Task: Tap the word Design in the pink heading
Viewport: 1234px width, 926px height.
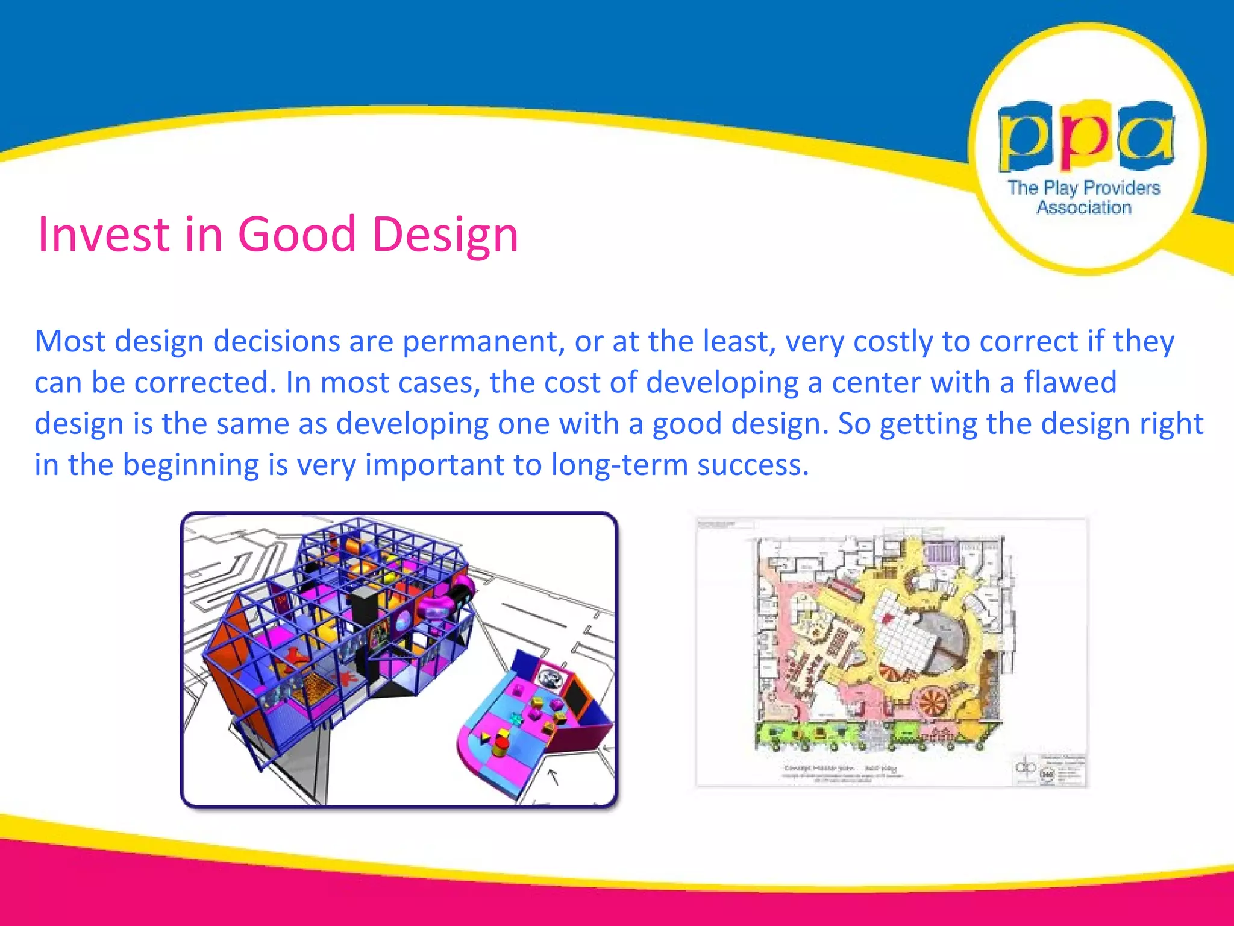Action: [445, 235]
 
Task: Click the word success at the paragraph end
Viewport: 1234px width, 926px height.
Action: [753, 465]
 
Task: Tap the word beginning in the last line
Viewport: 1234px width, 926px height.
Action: [191, 465]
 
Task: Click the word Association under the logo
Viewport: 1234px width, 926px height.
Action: [1084, 207]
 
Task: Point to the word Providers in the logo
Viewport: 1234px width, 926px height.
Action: [1121, 187]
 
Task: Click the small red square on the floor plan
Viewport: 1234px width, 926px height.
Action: [888, 618]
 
